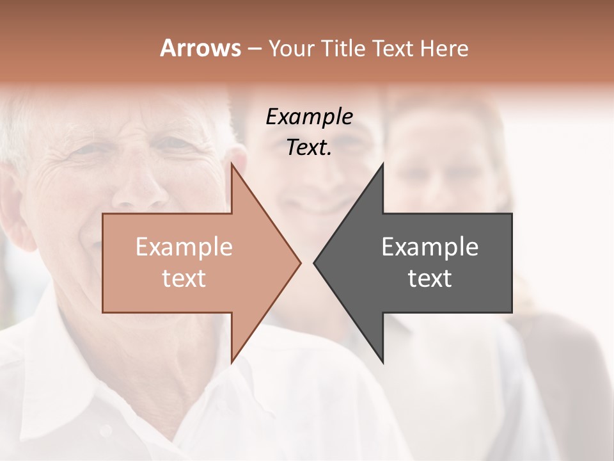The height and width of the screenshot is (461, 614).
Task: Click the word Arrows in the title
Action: [x=200, y=48]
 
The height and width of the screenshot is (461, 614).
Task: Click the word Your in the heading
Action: [x=292, y=49]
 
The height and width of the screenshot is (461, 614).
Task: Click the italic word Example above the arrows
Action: [x=310, y=117]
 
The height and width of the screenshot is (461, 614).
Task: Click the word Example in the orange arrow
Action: [x=184, y=247]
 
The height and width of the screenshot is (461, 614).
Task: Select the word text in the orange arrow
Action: [x=184, y=279]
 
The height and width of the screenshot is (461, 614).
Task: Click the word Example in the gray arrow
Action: [x=430, y=247]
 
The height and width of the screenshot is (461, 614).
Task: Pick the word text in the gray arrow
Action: [x=430, y=279]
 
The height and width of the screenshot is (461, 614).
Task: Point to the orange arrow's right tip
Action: [x=300, y=263]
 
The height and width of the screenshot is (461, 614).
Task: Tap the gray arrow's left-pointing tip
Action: [x=315, y=263]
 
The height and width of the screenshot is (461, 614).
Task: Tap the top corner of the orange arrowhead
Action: [x=232, y=165]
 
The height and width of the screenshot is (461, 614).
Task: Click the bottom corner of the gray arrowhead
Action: [x=382, y=362]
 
